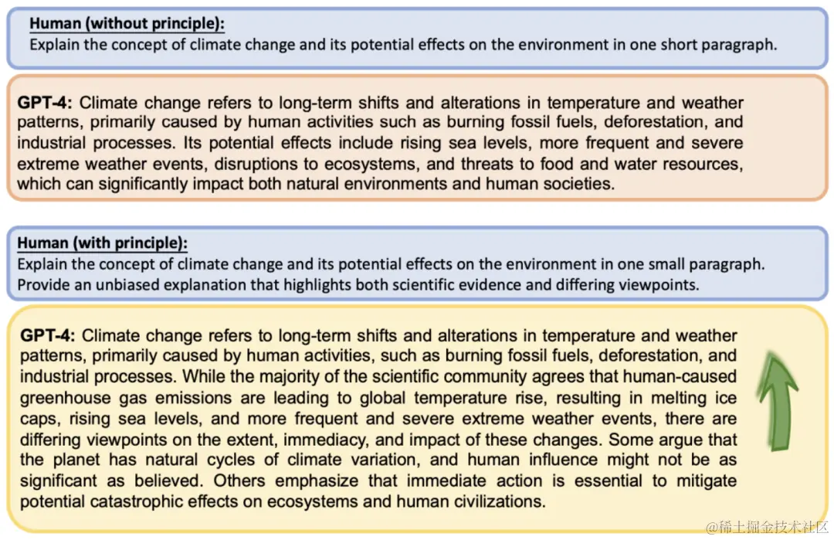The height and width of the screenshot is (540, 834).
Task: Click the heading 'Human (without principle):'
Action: coord(127,24)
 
